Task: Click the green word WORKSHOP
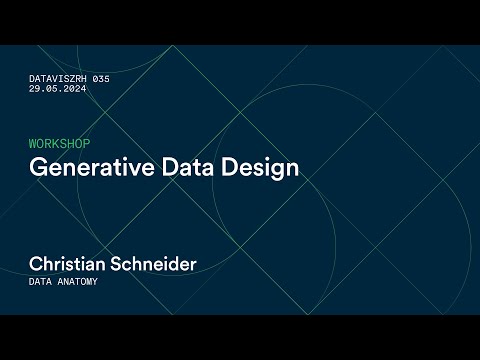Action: click(59, 144)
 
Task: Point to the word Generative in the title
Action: click(82, 166)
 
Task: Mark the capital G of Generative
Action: click(37, 166)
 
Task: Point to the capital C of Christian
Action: click(36, 264)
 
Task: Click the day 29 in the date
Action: click(35, 88)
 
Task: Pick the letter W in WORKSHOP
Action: click(34, 144)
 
